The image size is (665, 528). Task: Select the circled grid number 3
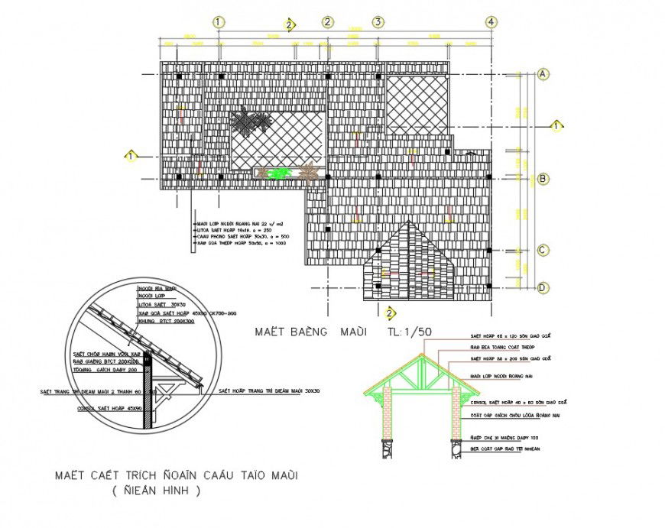[x=378, y=21]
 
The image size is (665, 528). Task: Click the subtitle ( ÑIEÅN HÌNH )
[x=156, y=491]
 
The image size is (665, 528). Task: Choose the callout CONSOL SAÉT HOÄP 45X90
[x=112, y=408]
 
